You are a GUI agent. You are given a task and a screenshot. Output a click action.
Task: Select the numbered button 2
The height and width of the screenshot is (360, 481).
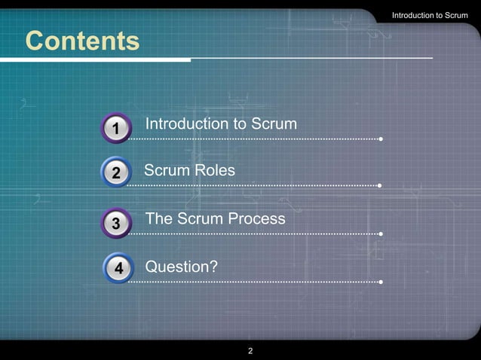116,174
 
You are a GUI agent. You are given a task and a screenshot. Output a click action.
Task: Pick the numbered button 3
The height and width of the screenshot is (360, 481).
116,223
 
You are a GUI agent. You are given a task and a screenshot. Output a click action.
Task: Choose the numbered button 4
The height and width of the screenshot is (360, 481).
118,268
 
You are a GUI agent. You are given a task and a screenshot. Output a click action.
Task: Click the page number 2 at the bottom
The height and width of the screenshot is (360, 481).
250,351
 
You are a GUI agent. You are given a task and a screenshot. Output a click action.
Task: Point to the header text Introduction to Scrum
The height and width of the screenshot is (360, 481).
430,16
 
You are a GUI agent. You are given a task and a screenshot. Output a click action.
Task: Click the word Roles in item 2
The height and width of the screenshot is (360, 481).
215,171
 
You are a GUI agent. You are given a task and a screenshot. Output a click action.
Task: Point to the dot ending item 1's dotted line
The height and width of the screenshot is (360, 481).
381,139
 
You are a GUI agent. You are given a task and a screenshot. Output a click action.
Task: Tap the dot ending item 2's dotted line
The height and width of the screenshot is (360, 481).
379,185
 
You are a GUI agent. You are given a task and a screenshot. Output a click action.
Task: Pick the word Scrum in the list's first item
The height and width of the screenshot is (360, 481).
274,124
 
